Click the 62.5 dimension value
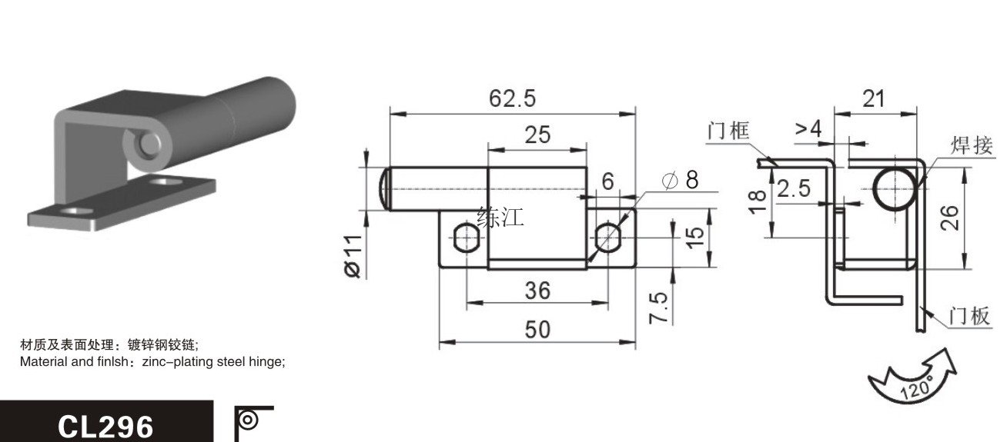[513, 98]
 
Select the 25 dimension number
[537, 135]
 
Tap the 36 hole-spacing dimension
[537, 291]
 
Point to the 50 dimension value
[537, 330]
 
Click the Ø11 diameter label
[353, 256]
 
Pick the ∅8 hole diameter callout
[680, 180]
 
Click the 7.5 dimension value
[658, 307]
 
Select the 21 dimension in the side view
[874, 98]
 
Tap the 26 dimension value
[949, 218]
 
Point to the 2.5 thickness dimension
[794, 188]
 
